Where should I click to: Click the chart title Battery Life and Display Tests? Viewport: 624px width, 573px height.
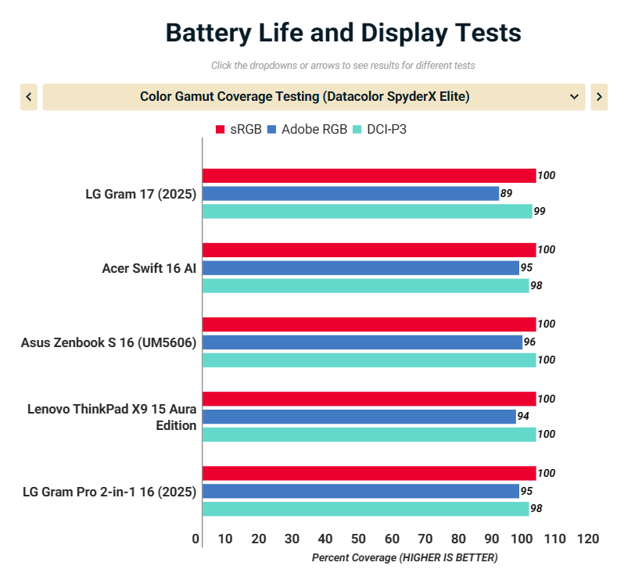(343, 34)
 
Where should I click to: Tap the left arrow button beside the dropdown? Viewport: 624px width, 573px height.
(29, 97)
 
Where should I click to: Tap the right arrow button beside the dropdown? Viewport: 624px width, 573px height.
(599, 97)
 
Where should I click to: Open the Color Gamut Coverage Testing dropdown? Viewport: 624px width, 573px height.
(314, 97)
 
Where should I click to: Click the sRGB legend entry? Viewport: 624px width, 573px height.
(239, 129)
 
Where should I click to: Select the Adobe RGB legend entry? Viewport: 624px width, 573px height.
(307, 129)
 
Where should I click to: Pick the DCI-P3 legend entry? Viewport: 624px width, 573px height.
(380, 129)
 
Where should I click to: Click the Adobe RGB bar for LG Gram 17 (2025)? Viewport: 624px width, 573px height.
(350, 193)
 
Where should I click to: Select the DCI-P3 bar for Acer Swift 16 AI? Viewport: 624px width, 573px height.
(365, 285)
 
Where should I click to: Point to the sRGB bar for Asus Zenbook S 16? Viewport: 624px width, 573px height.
(369, 324)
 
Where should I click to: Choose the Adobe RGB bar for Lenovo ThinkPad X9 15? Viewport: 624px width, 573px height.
(359, 417)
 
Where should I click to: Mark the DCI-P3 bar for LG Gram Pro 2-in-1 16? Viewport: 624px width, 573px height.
(365, 509)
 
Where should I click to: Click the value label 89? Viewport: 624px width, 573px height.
(506, 193)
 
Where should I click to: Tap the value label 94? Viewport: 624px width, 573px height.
(523, 417)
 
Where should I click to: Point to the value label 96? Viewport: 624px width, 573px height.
(529, 342)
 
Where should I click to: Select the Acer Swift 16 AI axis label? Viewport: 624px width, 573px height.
(149, 268)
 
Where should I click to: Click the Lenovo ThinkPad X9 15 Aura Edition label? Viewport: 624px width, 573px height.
(112, 417)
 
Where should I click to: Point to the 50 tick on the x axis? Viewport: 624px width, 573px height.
(359, 539)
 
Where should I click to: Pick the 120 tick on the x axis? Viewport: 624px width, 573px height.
(587, 539)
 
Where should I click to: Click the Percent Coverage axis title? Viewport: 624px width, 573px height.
(404, 557)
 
